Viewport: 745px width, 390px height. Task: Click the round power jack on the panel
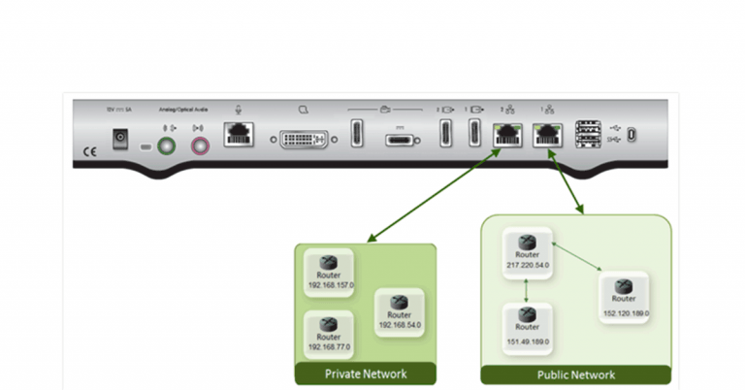(122, 139)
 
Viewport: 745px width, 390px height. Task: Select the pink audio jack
(202, 146)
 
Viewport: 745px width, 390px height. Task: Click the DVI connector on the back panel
(310, 138)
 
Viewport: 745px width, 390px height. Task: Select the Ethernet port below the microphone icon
(239, 136)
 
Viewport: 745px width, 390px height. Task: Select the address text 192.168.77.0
(330, 346)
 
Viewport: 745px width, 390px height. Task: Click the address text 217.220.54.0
(527, 265)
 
